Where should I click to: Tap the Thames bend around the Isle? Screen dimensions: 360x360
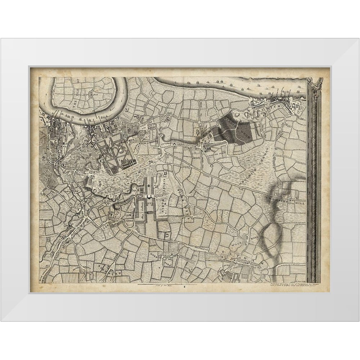click(119, 99)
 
